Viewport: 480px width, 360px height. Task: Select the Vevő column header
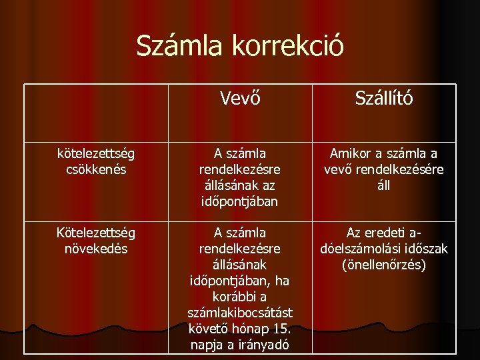point(240,99)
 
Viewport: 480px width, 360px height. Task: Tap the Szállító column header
point(383,99)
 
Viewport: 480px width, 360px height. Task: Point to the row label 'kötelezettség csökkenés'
point(96,161)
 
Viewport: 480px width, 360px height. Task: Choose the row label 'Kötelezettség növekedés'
point(96,241)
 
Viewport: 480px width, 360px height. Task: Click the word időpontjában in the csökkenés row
point(240,200)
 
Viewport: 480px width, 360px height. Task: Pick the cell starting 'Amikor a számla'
point(383,169)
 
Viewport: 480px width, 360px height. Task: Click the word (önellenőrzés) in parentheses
point(383,265)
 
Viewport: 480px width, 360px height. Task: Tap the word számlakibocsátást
point(240,312)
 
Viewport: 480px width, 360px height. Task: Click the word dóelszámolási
point(354,249)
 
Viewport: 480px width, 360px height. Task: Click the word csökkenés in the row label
point(96,169)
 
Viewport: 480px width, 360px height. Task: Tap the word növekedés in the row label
point(96,249)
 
